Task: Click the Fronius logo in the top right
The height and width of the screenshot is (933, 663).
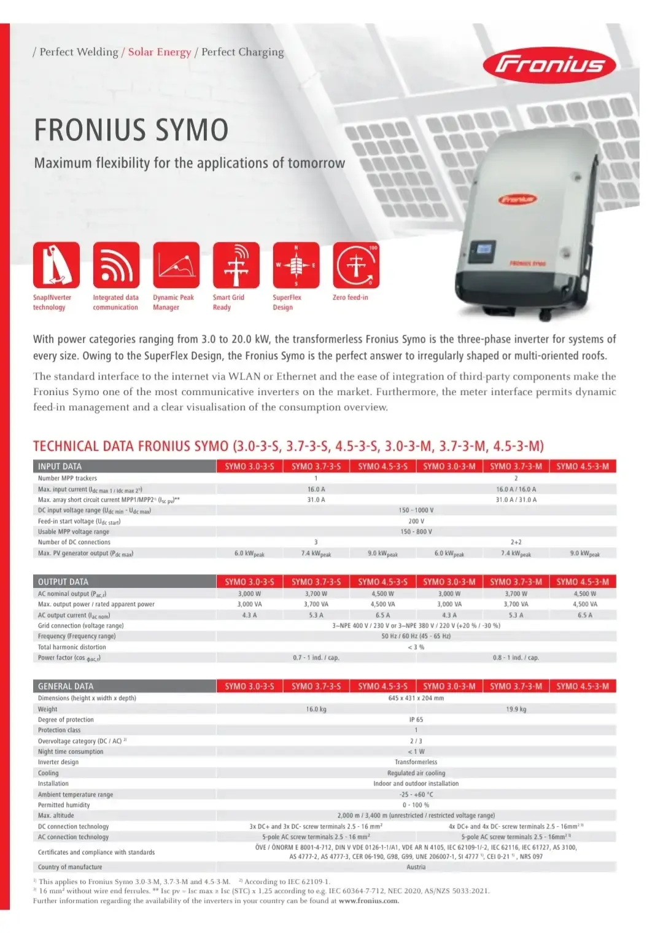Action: pos(549,65)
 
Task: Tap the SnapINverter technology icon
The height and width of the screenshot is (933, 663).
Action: pos(56,265)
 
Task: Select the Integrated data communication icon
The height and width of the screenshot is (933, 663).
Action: pos(116,265)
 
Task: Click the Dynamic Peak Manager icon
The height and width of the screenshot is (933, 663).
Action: pos(176,265)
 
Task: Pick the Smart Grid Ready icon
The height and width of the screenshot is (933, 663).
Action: pos(236,265)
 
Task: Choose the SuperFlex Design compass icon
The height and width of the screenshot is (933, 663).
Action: pos(296,265)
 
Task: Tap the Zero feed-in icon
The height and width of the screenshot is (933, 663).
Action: pos(356,265)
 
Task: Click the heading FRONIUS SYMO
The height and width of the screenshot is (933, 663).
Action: pos(131,130)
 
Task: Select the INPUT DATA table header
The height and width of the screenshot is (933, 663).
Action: pos(60,466)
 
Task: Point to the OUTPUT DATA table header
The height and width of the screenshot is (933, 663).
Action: pos(63,582)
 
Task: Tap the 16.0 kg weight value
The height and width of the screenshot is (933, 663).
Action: pos(316,709)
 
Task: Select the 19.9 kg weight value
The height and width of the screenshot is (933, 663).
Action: pos(516,709)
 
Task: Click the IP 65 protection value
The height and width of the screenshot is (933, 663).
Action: pos(416,719)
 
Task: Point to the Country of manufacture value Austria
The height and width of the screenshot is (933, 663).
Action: pos(416,867)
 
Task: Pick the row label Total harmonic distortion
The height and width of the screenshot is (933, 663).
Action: pos(72,647)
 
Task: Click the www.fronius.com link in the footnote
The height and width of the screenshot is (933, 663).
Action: pos(368,900)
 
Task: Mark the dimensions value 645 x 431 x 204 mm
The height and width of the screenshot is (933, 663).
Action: pos(416,698)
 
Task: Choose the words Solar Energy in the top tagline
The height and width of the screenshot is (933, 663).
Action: pos(160,52)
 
